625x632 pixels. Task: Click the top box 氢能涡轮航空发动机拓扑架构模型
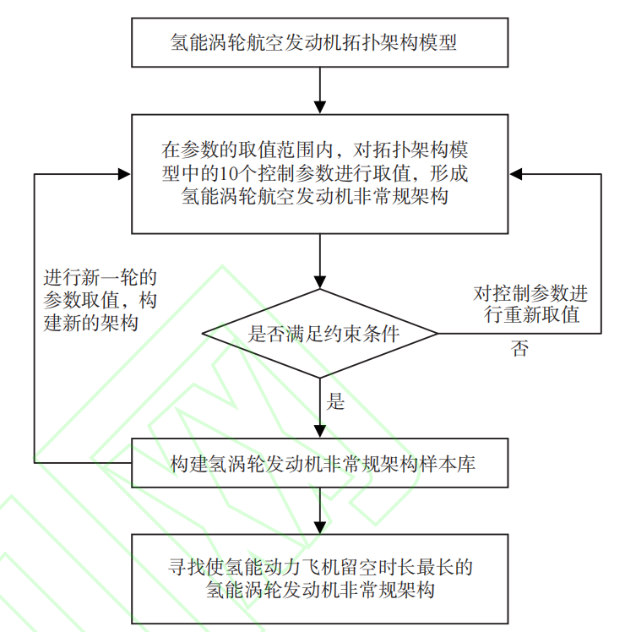click(x=320, y=42)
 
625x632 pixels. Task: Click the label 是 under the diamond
click(x=335, y=402)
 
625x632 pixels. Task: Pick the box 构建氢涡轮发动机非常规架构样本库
click(x=320, y=464)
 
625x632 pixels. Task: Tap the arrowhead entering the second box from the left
click(x=123, y=174)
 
